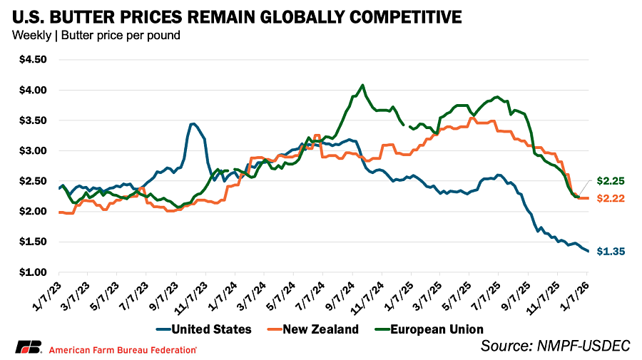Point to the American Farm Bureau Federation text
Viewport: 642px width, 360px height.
[123, 349]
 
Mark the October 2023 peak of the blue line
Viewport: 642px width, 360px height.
[193, 123]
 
